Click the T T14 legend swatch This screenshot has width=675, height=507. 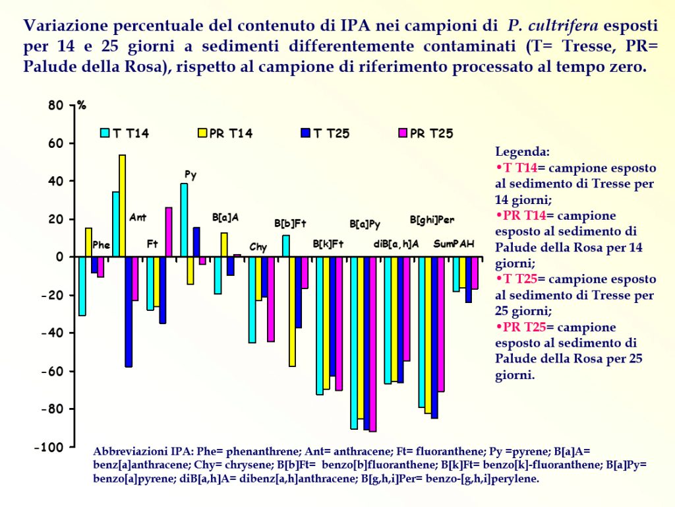pos(104,133)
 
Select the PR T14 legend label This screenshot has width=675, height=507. pos(231,133)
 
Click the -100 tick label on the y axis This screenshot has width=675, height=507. pos(52,448)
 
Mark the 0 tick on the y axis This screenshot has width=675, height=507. pos(59,257)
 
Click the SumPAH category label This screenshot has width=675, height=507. pos(454,244)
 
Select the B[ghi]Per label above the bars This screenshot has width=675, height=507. pos(432,220)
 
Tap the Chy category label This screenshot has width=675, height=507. pos(258,248)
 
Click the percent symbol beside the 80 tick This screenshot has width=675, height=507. pos(82,106)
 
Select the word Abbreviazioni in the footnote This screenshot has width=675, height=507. pos(127,452)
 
